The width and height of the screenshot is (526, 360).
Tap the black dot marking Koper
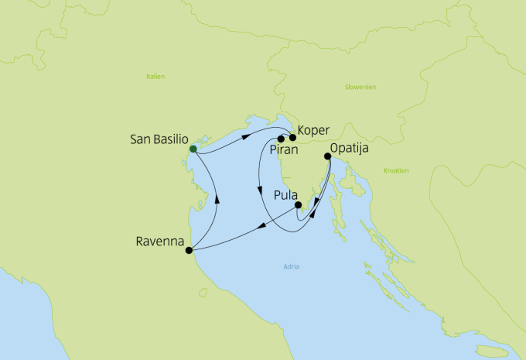(x=292, y=138)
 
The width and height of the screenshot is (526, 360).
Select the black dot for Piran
(x=281, y=139)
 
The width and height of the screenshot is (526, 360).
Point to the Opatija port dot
(x=328, y=156)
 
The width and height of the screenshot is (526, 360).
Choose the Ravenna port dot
(x=189, y=250)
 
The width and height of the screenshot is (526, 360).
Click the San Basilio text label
(x=159, y=140)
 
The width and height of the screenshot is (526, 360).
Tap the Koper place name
(x=314, y=131)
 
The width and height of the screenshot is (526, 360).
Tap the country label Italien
(x=155, y=77)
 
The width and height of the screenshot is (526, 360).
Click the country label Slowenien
(x=360, y=87)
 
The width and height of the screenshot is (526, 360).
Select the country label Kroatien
(x=396, y=170)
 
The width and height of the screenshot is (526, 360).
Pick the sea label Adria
(x=292, y=267)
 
